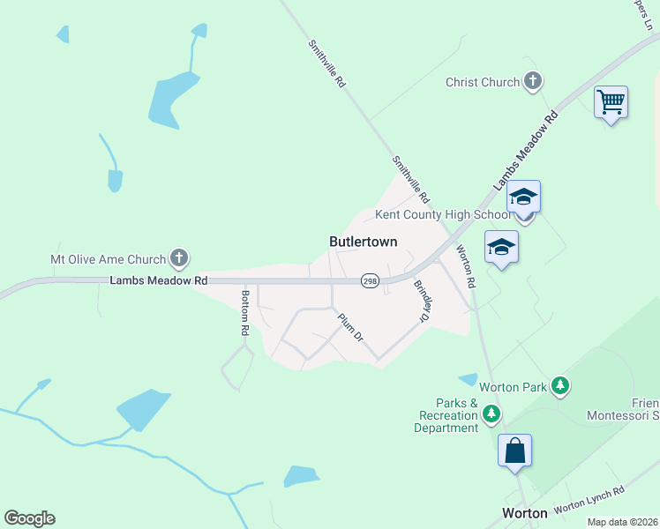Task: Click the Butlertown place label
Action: [363, 242]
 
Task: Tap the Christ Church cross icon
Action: [532, 82]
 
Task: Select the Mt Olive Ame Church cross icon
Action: [179, 259]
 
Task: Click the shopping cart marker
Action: [611, 102]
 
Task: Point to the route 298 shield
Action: [370, 279]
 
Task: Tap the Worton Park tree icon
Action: [559, 385]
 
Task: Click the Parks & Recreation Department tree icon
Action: [491, 414]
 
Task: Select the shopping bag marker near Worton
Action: [514, 451]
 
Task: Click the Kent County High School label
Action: [443, 214]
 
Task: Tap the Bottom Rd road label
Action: [246, 313]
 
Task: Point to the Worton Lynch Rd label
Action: [589, 498]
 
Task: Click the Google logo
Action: [29, 518]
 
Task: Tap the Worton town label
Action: [525, 512]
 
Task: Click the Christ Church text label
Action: [483, 82]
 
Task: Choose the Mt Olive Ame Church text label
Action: [108, 259]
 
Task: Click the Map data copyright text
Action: [621, 522]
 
